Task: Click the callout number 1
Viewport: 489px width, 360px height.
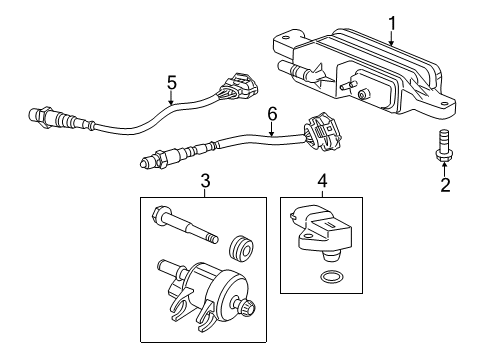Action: (392, 21)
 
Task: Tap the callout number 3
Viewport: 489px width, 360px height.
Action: (205, 181)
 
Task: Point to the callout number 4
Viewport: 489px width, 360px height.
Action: (322, 181)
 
